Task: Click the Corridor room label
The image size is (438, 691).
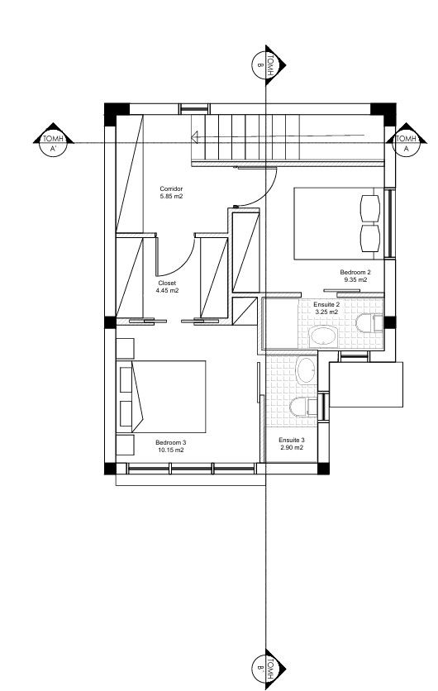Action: [171, 189]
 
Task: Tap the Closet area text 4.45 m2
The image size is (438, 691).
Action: [168, 291]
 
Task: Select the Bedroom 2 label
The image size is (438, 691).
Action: [355, 272]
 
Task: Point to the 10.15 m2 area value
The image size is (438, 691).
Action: [169, 450]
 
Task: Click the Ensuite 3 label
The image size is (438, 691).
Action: [292, 440]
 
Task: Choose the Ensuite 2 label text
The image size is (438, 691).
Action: [326, 304]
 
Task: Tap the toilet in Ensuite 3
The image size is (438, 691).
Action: [299, 405]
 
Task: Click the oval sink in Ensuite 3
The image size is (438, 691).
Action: [305, 371]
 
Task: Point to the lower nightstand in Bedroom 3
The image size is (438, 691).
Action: [125, 444]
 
